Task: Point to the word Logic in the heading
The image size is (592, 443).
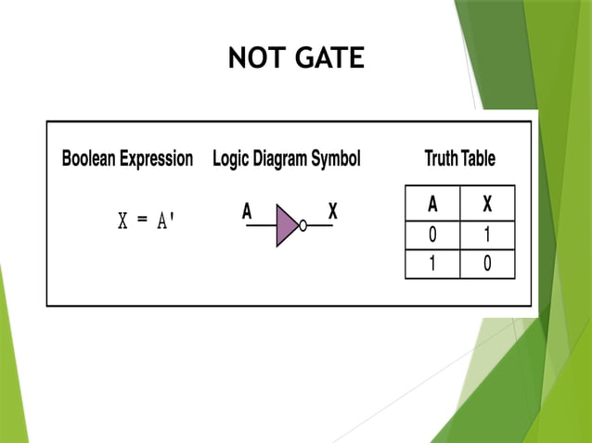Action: (x=234, y=158)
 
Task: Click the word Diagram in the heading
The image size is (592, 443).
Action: (x=288, y=158)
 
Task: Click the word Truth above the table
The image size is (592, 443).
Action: (x=441, y=158)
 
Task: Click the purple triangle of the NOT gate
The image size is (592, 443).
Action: (x=286, y=225)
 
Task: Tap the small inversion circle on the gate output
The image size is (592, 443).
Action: (x=302, y=225)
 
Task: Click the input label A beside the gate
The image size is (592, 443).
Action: (x=247, y=212)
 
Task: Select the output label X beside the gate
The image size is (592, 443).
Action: (x=332, y=212)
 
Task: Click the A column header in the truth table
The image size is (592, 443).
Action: (x=432, y=204)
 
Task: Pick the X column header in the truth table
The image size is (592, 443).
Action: (x=486, y=204)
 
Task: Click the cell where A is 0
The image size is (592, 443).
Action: (x=432, y=234)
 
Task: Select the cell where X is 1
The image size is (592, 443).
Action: (x=486, y=234)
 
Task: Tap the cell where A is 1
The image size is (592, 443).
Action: (x=432, y=265)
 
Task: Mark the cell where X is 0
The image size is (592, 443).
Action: (x=486, y=265)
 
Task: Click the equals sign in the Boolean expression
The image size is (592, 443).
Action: (x=142, y=222)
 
